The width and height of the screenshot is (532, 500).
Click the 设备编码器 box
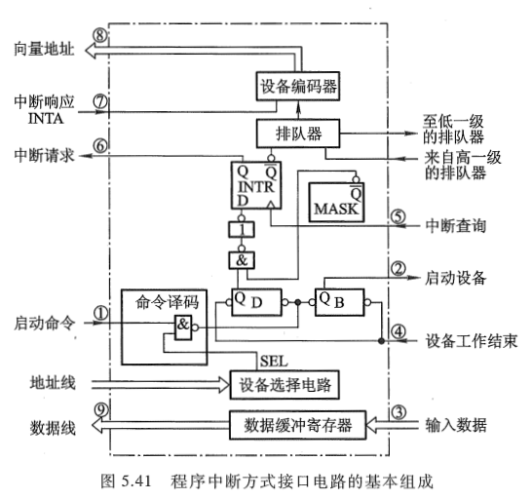300,87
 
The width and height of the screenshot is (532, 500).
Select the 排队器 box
301,130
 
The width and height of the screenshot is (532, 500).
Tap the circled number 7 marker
99,100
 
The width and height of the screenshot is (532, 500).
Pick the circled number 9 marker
99,411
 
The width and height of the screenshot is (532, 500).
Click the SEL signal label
273,360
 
